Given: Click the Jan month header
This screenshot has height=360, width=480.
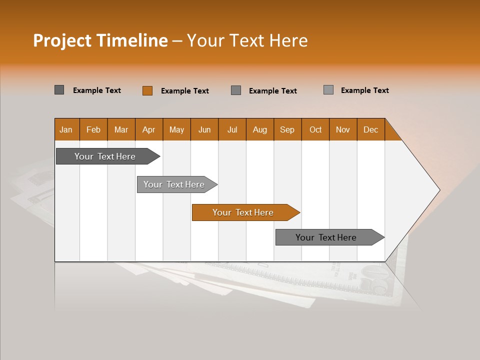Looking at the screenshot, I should [x=66, y=129].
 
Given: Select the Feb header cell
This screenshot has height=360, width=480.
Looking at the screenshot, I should [x=93, y=129].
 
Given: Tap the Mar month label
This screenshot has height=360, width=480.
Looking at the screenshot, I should [x=121, y=129].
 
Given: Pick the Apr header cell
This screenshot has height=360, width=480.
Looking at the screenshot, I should [x=149, y=129].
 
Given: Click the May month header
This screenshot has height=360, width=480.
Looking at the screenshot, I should [x=176, y=129].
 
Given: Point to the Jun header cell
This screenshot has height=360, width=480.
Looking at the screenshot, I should [x=204, y=129].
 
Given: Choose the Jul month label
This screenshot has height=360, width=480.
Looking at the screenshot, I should [x=232, y=129].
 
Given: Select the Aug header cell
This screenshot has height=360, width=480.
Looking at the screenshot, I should [x=260, y=129].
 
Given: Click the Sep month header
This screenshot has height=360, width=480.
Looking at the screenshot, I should [x=287, y=129].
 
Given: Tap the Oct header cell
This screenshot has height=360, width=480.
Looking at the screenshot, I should [x=315, y=129].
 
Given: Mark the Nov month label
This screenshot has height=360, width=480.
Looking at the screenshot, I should [x=343, y=129].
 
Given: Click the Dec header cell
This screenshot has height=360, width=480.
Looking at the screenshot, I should [x=371, y=129].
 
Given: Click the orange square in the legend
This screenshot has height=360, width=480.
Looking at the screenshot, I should [x=147, y=90].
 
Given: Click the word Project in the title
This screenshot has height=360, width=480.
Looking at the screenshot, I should [x=62, y=40].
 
